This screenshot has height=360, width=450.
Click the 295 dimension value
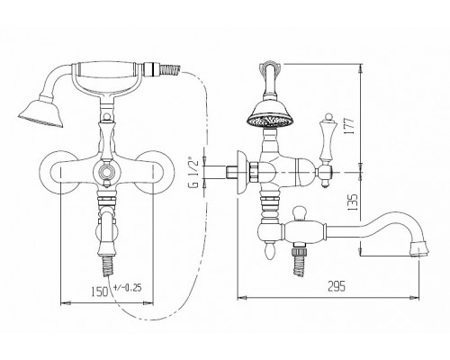[337, 286]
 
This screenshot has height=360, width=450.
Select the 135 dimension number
[353, 202]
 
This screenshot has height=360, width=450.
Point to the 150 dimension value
[100, 292]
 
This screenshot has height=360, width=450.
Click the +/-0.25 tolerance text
[128, 288]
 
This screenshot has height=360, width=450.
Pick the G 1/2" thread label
[193, 173]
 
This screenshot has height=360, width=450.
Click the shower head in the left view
[41, 113]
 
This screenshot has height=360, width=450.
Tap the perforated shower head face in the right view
[270, 121]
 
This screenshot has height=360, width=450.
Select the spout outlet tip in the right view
[419, 248]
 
